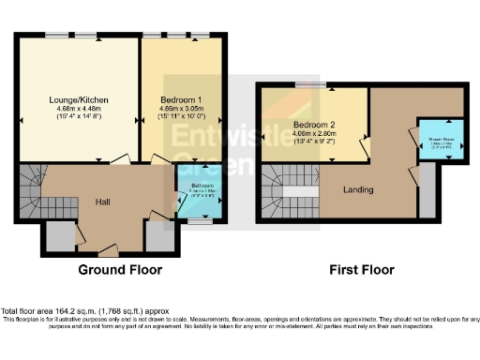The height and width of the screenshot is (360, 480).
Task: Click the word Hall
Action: (103, 202)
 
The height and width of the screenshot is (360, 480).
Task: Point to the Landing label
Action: (358, 189)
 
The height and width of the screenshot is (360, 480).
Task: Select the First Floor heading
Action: (361, 270)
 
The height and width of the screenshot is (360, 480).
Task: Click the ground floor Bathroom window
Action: (197, 222)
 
